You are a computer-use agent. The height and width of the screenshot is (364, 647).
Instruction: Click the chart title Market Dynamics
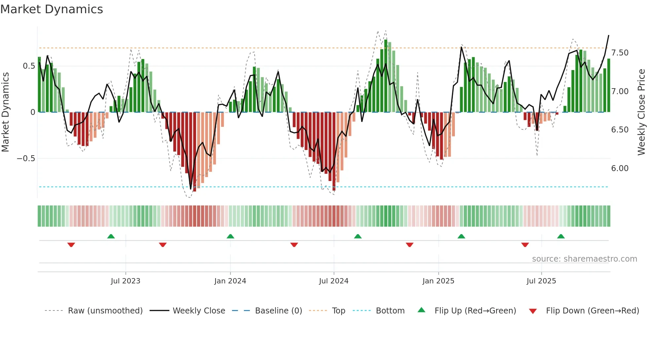(52, 9)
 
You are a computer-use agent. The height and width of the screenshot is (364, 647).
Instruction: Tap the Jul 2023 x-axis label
(125, 281)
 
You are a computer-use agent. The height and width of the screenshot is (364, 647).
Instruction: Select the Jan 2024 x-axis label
(230, 281)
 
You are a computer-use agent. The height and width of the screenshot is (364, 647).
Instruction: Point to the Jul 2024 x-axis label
(334, 281)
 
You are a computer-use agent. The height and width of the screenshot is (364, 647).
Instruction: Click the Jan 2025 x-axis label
(438, 281)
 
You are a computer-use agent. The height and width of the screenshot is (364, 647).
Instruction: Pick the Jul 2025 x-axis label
(541, 281)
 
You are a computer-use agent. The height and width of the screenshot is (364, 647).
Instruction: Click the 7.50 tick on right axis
(620, 53)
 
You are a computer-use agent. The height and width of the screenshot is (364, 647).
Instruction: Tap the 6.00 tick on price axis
(620, 168)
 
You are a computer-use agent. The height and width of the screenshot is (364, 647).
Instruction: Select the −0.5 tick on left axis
(26, 159)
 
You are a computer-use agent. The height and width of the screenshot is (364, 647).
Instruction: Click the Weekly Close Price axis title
(641, 112)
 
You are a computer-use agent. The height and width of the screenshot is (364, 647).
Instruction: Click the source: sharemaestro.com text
(584, 259)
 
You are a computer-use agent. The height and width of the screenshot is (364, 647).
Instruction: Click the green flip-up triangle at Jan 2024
(230, 236)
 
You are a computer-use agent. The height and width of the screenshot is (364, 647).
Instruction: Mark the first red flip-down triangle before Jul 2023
(71, 245)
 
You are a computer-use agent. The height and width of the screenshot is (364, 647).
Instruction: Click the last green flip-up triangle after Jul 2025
(561, 236)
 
